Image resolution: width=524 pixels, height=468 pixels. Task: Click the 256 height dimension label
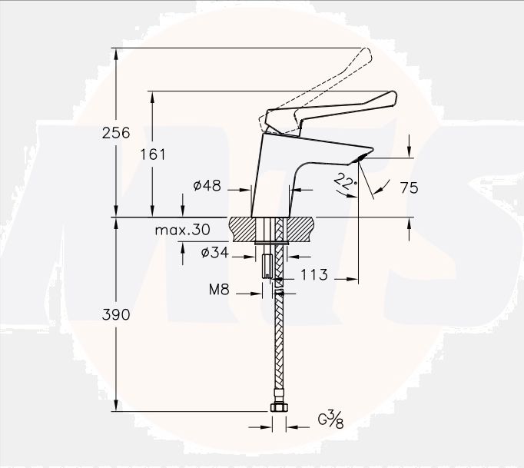pyautogui.click(x=116, y=132)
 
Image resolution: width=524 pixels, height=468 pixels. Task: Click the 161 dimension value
pyautogui.click(x=153, y=154)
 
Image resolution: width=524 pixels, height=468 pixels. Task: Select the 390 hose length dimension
pyautogui.click(x=116, y=314)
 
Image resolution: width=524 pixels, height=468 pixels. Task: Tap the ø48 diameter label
pyautogui.click(x=207, y=186)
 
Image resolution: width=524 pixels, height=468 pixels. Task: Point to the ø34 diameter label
pyautogui.click(x=214, y=253)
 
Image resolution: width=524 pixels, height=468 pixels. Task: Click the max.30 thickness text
pyautogui.click(x=182, y=230)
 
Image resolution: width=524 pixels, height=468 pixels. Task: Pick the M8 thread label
pyautogui.click(x=221, y=291)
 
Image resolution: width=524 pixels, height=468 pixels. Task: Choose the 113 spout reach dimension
pyautogui.click(x=314, y=274)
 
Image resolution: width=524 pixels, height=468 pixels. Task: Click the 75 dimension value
pyautogui.click(x=409, y=187)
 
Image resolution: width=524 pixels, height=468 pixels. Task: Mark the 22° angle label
pyautogui.click(x=346, y=182)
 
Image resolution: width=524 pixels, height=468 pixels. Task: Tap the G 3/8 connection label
pyautogui.click(x=331, y=420)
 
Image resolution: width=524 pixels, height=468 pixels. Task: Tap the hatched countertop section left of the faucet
pyautogui.click(x=244, y=230)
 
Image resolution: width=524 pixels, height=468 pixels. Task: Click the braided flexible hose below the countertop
pyautogui.click(x=279, y=346)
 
